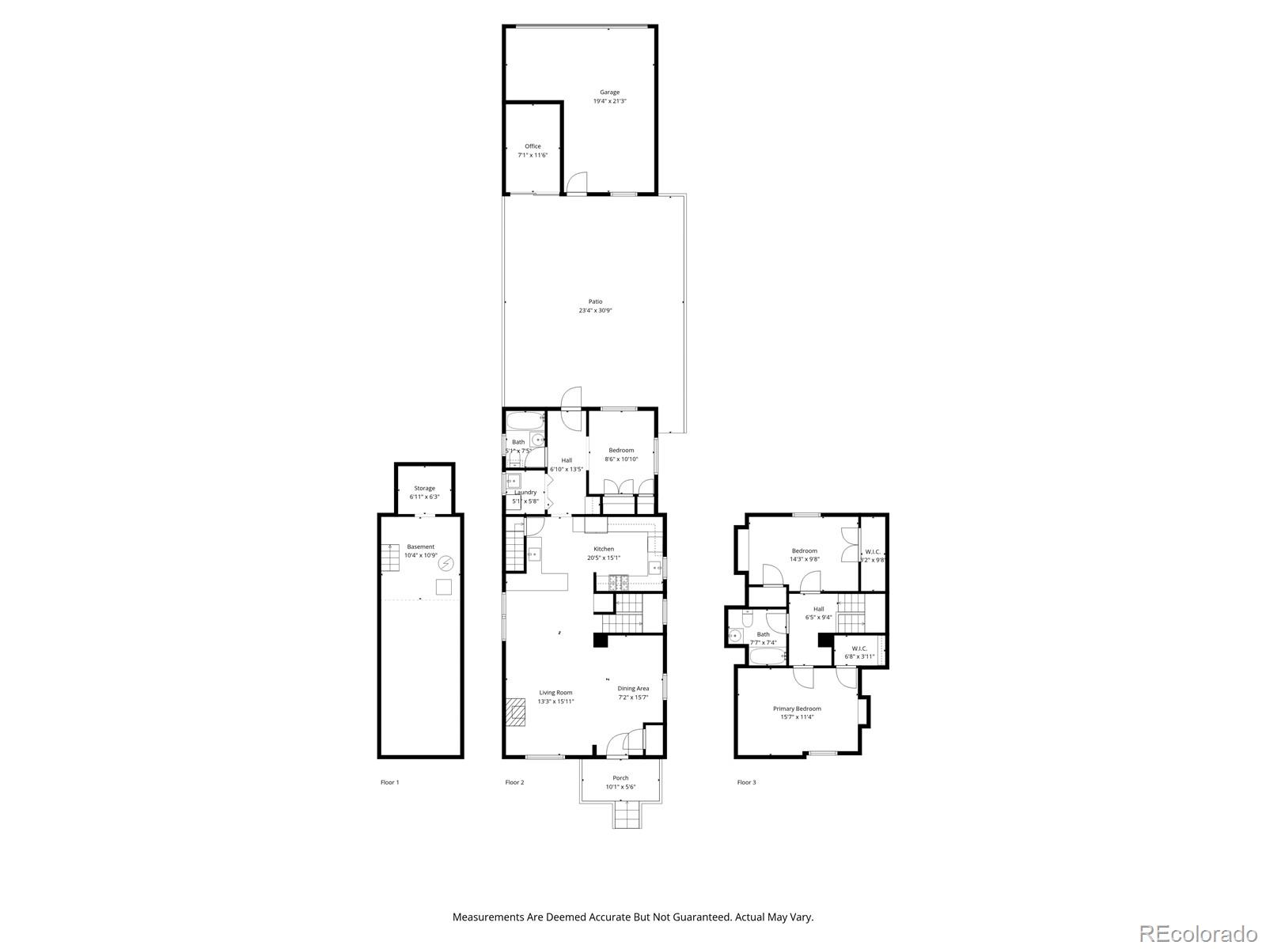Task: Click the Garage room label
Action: pyautogui.click(x=609, y=93)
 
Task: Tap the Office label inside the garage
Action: pyautogui.click(x=533, y=146)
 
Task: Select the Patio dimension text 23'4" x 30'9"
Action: pyautogui.click(x=595, y=311)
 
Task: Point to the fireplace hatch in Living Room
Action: pyautogui.click(x=516, y=712)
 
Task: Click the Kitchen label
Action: pyautogui.click(x=604, y=549)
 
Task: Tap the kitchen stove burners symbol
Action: pyautogui.click(x=618, y=584)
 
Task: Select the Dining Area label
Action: pyautogui.click(x=633, y=688)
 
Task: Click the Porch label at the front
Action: pyautogui.click(x=620, y=778)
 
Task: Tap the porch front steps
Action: pyautogui.click(x=624, y=814)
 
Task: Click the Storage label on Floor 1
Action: pyautogui.click(x=424, y=488)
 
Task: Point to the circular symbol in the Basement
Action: pyautogui.click(x=446, y=562)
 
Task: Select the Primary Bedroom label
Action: pyautogui.click(x=797, y=709)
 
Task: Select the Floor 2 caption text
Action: pyautogui.click(x=514, y=782)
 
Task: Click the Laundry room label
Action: pyautogui.click(x=525, y=492)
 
